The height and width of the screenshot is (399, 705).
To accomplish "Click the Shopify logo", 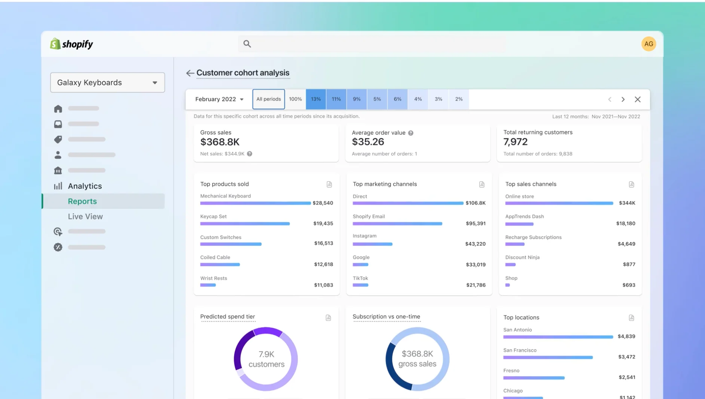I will pyautogui.click(x=71, y=44).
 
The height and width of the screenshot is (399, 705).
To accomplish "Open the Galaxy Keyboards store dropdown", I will pyautogui.click(x=107, y=82).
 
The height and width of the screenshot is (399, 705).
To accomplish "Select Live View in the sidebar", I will pyautogui.click(x=85, y=216).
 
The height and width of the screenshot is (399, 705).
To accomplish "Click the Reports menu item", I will pyautogui.click(x=82, y=201).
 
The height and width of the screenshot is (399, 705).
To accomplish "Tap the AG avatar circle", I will pyautogui.click(x=648, y=44).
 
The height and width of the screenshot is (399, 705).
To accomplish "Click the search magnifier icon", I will pyautogui.click(x=247, y=44).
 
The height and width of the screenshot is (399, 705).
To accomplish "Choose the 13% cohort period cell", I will pyautogui.click(x=316, y=99).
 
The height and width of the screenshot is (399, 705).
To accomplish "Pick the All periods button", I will pyautogui.click(x=268, y=99).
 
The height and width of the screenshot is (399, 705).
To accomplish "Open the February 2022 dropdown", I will pyautogui.click(x=219, y=99).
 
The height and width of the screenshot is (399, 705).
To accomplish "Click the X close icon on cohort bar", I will pyautogui.click(x=638, y=99).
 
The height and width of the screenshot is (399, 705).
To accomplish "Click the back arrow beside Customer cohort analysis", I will pyautogui.click(x=190, y=73).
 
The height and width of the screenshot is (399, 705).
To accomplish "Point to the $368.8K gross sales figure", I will pyautogui.click(x=220, y=142).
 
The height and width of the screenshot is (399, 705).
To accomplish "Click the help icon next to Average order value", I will pyautogui.click(x=411, y=133).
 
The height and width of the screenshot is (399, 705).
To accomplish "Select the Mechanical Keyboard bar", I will pyautogui.click(x=255, y=203).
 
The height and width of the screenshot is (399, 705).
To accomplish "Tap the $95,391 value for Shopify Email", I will pyautogui.click(x=476, y=223).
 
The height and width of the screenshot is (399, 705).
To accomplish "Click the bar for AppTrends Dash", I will pyautogui.click(x=519, y=224).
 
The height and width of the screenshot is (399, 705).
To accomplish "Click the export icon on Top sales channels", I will pyautogui.click(x=631, y=184).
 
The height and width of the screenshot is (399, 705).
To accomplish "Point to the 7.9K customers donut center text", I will pyautogui.click(x=266, y=359).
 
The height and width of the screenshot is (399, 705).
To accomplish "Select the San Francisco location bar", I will pyautogui.click(x=548, y=357).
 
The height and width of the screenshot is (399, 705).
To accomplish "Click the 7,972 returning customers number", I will pyautogui.click(x=515, y=142).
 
